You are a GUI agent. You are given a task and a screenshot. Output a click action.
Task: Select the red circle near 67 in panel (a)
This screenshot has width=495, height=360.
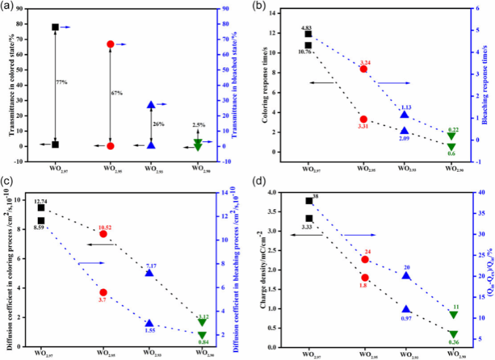110,44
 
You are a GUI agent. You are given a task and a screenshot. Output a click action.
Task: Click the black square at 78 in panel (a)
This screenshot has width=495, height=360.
55,28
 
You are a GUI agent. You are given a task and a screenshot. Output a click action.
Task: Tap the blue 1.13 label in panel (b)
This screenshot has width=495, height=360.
405,108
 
